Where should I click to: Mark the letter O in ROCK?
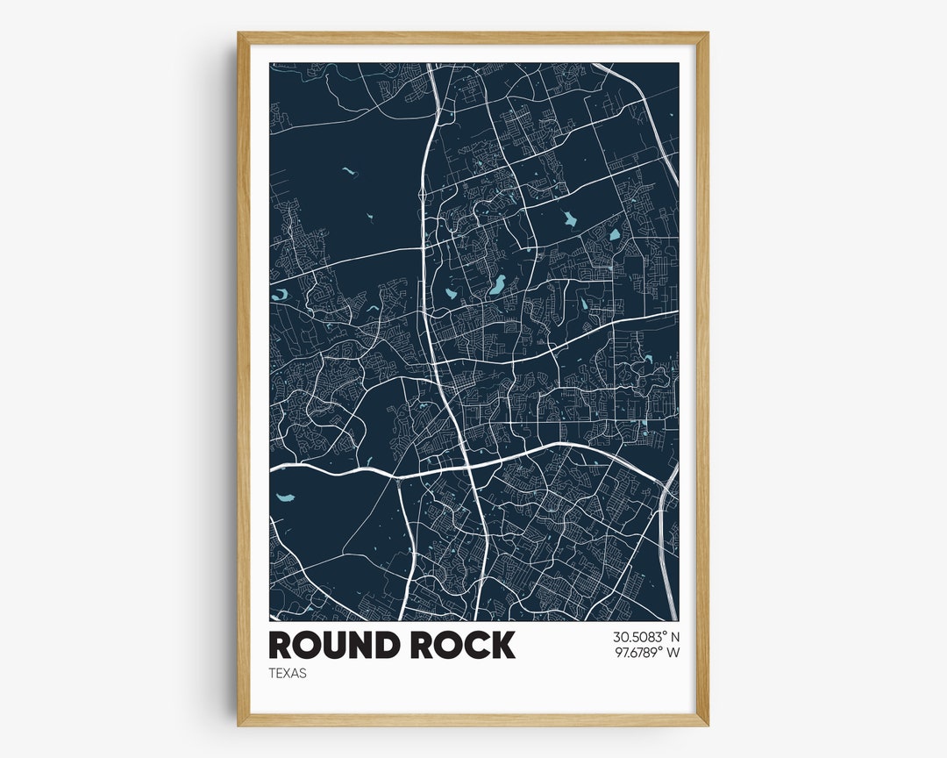point(447,646)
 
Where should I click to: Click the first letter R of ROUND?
point(281,646)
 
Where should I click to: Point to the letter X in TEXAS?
point(287,674)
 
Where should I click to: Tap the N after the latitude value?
point(675,637)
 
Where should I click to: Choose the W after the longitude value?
point(673,652)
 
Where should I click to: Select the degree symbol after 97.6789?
point(662,648)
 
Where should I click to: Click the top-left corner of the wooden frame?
point(239,33)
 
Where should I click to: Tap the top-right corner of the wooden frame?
point(707,33)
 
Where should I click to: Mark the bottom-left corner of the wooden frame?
point(239,725)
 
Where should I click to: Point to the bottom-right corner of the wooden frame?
point(707,725)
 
